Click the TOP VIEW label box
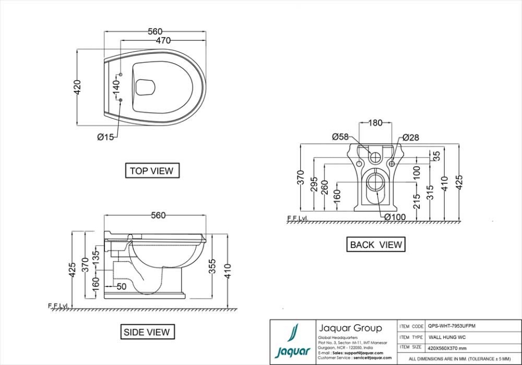pos(152,171)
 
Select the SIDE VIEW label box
pos(147,332)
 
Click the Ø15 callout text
pos(105,137)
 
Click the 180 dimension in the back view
pos(375,123)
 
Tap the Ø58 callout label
pos(340,137)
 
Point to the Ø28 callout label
pos(411,138)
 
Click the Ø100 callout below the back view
pos(395,217)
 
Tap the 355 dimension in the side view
pos(213,265)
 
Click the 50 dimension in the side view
pos(121,286)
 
